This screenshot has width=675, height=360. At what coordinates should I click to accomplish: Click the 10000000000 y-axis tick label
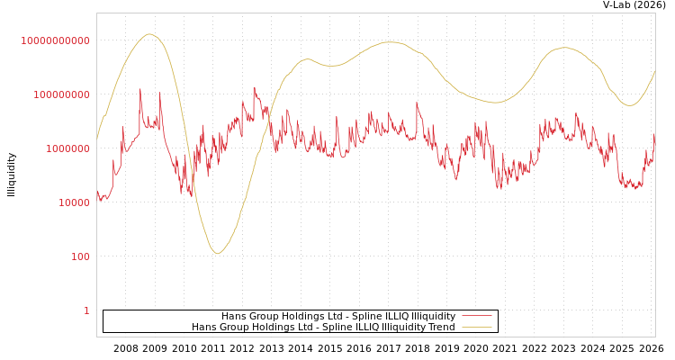point(55,40)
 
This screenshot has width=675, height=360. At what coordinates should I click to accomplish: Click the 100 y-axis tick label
point(80,256)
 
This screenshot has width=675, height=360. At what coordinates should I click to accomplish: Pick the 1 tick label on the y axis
point(86,310)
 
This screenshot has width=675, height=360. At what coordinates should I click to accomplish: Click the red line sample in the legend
point(477,316)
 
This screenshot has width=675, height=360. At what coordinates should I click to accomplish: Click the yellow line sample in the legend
point(477,327)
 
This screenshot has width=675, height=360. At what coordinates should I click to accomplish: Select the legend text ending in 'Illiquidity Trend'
point(323,327)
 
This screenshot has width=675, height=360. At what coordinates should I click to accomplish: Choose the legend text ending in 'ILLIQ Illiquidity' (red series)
point(338,316)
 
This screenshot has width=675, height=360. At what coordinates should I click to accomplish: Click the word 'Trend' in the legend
point(441,327)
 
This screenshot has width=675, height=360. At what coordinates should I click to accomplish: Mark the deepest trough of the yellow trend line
point(217,254)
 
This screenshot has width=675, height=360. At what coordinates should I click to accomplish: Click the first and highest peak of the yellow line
point(149,34)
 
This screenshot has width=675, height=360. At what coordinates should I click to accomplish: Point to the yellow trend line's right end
point(655,71)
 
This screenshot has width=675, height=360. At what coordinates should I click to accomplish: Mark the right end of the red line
point(655,135)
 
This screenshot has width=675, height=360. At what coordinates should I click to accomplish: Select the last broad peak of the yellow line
point(564,48)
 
